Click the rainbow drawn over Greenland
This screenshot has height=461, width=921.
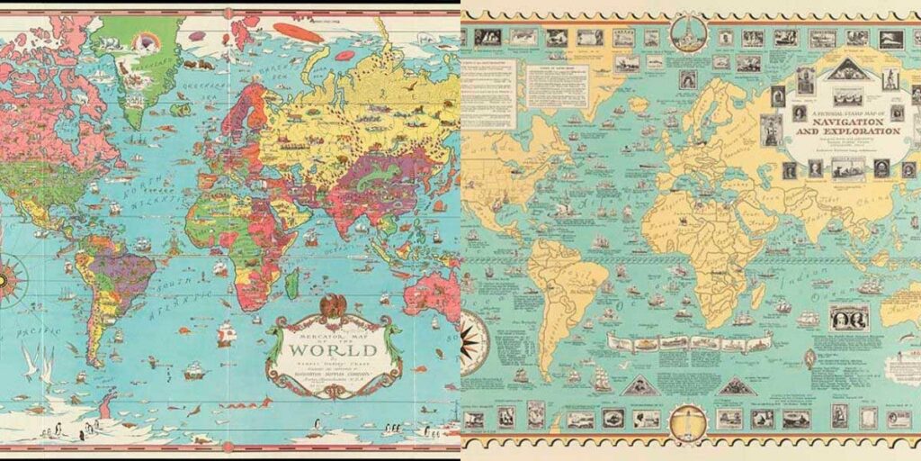coord(143,41)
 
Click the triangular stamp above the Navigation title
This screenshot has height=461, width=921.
coord(845,71)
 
